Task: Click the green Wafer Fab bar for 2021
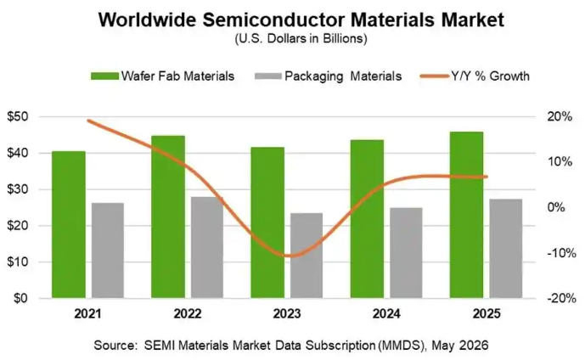pyautogui.click(x=69, y=225)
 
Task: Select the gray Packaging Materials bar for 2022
pyautogui.click(x=207, y=247)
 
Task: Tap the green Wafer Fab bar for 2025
pyautogui.click(x=466, y=215)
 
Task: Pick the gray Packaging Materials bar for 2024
pyautogui.click(x=406, y=253)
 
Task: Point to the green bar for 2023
pyautogui.click(x=267, y=222)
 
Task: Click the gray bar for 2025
pyautogui.click(x=506, y=249)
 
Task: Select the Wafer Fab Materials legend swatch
pyautogui.click(x=104, y=76)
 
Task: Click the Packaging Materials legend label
pyautogui.click(x=343, y=76)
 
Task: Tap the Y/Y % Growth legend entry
pyautogui.click(x=475, y=76)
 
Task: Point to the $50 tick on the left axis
pyautogui.click(x=18, y=117)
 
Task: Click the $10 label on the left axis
pyautogui.click(x=18, y=262)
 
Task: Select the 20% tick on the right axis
pyautogui.click(x=560, y=117)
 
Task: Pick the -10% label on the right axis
pyautogui.click(x=561, y=253)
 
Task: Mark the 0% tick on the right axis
pyautogui.click(x=556, y=207)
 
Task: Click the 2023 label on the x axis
pyautogui.click(x=287, y=314)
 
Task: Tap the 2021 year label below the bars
pyautogui.click(x=87, y=314)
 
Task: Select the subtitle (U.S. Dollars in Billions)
pyautogui.click(x=301, y=39)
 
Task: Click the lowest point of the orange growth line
pyautogui.click(x=289, y=256)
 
